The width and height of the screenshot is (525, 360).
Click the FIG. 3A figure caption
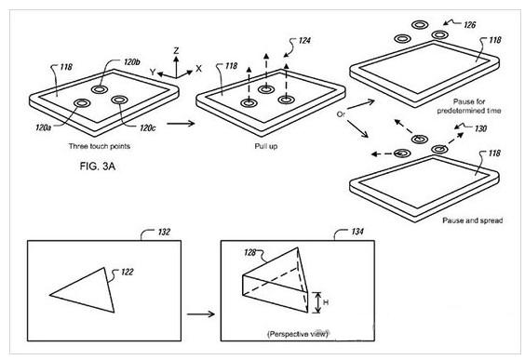(x=98, y=166)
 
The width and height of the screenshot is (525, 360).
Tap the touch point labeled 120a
(x=82, y=103)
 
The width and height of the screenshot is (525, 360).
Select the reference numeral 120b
(x=132, y=62)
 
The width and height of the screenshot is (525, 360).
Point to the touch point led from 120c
(x=119, y=100)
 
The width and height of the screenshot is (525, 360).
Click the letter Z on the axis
(x=176, y=51)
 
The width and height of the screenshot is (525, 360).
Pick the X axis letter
(x=199, y=69)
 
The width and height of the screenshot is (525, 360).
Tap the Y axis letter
(x=153, y=72)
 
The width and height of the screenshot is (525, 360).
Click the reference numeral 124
(x=304, y=41)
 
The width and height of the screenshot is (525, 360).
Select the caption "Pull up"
(x=266, y=146)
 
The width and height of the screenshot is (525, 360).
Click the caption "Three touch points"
(x=100, y=146)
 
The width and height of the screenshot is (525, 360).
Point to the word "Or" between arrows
(x=341, y=114)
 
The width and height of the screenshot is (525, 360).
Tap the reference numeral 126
(x=469, y=25)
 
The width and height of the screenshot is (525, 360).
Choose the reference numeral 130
(x=480, y=128)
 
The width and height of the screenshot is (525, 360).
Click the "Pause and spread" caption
(x=473, y=220)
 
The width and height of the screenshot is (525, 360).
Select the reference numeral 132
(x=164, y=232)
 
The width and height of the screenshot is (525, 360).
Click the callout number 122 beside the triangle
(x=128, y=272)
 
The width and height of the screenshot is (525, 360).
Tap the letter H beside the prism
(x=326, y=302)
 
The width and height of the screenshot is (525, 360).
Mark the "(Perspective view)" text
(x=298, y=334)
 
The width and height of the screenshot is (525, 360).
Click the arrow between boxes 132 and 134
(x=200, y=313)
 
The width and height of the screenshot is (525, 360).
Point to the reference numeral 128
(x=250, y=252)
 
